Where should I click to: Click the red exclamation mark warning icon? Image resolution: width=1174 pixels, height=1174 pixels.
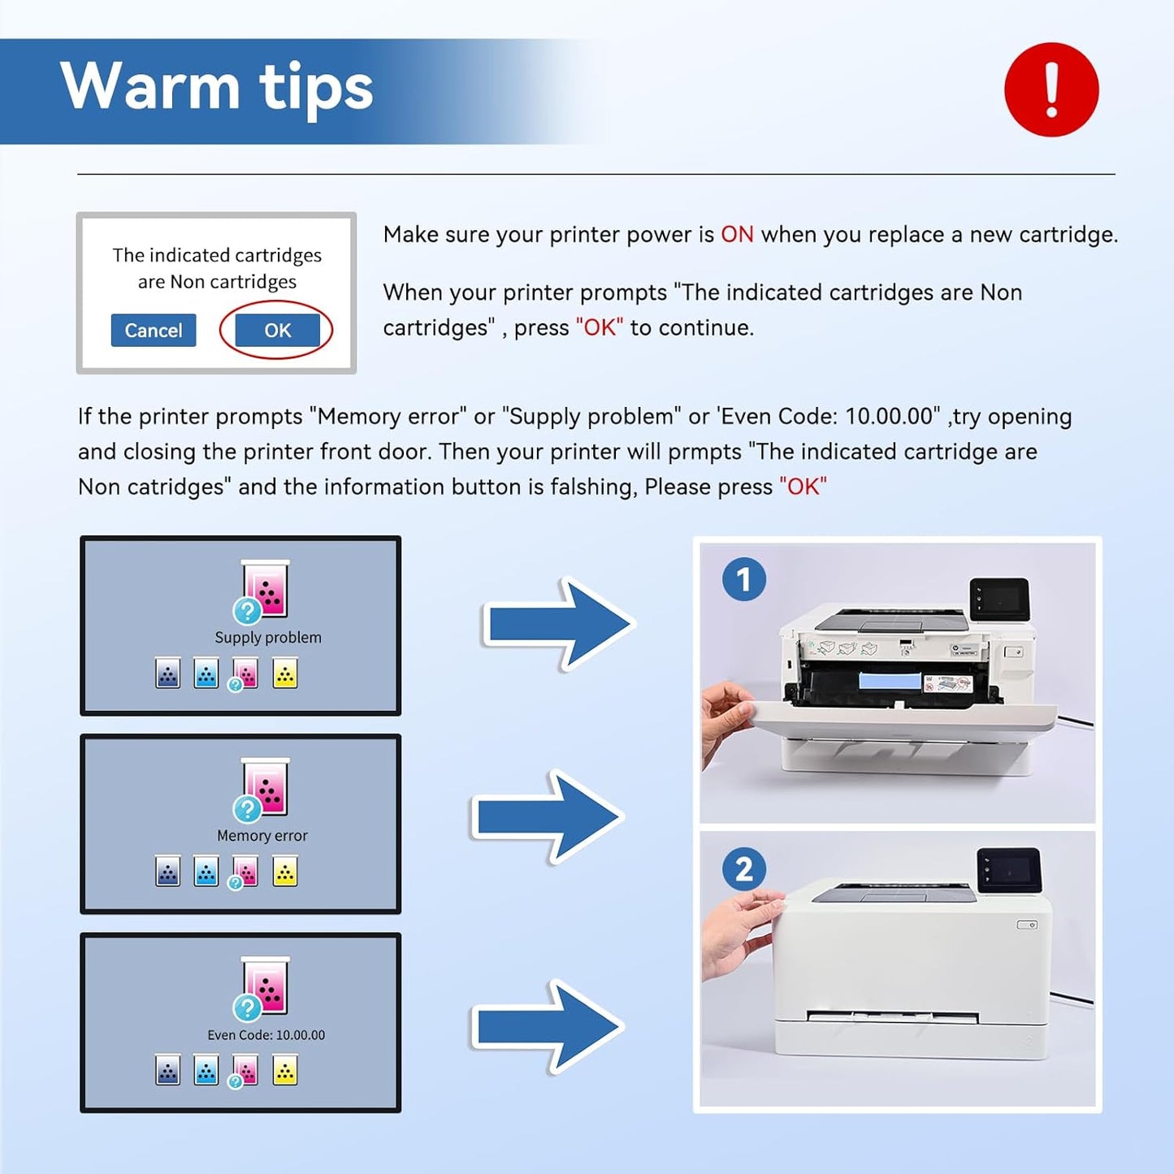point(1051,89)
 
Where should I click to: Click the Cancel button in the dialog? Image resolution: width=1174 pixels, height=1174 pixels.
point(154,331)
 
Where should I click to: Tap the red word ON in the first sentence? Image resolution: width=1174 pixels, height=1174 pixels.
point(737,235)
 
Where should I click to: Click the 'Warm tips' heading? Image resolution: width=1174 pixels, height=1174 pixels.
point(216,87)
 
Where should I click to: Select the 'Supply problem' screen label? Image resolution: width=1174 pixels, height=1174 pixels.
point(267,638)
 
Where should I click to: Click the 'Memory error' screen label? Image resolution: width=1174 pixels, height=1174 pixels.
point(262,836)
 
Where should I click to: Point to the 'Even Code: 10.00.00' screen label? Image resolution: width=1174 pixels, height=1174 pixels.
point(266,1035)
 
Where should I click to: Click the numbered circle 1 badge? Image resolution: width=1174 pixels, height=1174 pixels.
point(743,579)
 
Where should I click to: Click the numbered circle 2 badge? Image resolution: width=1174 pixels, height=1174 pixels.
point(743,869)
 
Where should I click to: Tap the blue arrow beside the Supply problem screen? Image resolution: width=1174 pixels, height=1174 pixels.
point(559,624)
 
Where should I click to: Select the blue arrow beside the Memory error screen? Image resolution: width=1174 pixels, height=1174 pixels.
point(548,817)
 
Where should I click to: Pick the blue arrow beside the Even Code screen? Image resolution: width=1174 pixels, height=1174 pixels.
point(548,1026)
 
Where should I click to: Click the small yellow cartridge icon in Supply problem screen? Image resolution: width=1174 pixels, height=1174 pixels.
point(285,674)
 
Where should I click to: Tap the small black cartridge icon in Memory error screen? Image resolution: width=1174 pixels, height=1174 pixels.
point(168,873)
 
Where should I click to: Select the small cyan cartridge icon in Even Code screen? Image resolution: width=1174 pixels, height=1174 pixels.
point(206,1071)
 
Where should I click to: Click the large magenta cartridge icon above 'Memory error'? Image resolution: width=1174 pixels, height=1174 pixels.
point(266,786)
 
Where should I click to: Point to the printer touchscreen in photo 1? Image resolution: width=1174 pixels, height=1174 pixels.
point(999,600)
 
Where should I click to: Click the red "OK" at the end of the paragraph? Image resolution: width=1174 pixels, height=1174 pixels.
point(803,487)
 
